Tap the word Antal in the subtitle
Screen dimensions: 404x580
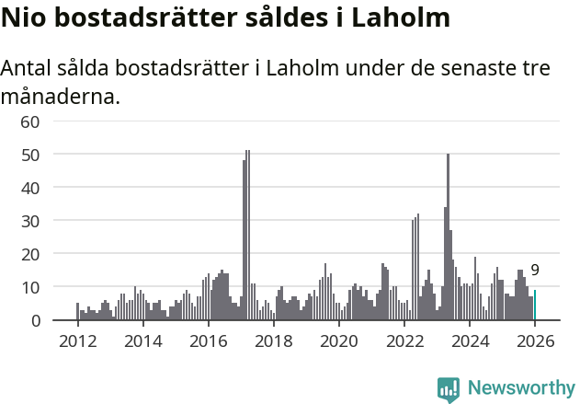[28, 69]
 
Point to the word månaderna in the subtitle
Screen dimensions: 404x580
[61, 96]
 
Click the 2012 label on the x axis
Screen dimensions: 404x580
[77, 341]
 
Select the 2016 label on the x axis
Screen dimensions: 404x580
[208, 341]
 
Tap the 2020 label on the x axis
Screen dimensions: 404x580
[339, 341]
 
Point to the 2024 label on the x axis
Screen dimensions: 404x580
[470, 341]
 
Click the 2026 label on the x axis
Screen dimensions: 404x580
[535, 341]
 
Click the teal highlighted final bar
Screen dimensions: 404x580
[535, 306]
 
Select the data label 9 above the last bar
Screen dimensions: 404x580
[535, 271]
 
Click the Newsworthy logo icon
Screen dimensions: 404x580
[449, 389]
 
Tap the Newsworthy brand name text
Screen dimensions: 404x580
[521, 388]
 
